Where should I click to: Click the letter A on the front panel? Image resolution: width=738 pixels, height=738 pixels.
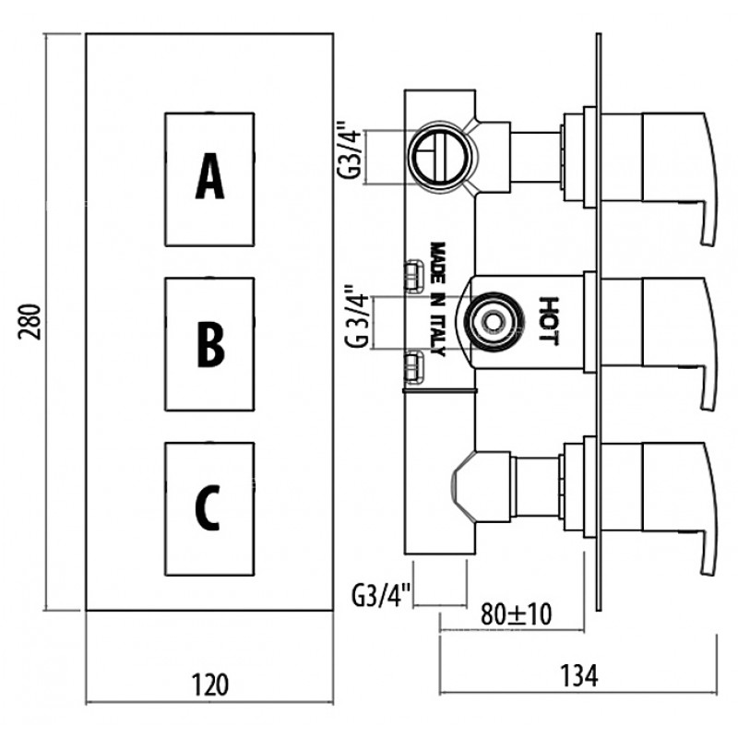click(x=209, y=175)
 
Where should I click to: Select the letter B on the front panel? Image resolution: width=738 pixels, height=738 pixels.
click(x=210, y=344)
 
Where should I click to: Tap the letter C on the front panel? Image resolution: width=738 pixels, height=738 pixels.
click(x=208, y=508)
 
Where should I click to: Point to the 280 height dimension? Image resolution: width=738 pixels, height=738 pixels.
click(x=30, y=322)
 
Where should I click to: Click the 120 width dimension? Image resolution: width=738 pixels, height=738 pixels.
click(x=210, y=684)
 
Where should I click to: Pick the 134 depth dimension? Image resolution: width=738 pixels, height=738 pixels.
click(x=579, y=676)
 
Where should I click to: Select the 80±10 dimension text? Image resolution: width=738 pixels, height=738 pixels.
click(x=516, y=613)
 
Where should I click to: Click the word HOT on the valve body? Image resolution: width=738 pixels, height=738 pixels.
click(x=548, y=321)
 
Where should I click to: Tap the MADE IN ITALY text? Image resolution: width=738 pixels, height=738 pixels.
click(x=437, y=299)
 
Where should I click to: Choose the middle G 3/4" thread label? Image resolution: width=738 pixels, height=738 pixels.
click(x=356, y=315)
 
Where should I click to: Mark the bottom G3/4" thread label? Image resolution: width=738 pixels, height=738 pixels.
click(x=381, y=595)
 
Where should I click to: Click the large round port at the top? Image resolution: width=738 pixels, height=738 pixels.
click(x=439, y=157)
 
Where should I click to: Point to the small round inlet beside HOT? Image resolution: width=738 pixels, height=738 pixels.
click(x=494, y=322)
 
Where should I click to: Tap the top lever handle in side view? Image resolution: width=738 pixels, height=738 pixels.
click(x=678, y=178)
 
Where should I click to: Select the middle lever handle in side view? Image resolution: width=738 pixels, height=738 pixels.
click(x=678, y=343)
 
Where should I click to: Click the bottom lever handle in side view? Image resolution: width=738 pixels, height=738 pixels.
click(x=678, y=508)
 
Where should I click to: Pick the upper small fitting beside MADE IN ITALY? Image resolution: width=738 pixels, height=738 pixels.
click(x=414, y=276)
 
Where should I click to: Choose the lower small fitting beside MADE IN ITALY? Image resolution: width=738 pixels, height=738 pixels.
click(x=414, y=367)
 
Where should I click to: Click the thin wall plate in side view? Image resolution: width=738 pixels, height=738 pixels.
click(x=599, y=322)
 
